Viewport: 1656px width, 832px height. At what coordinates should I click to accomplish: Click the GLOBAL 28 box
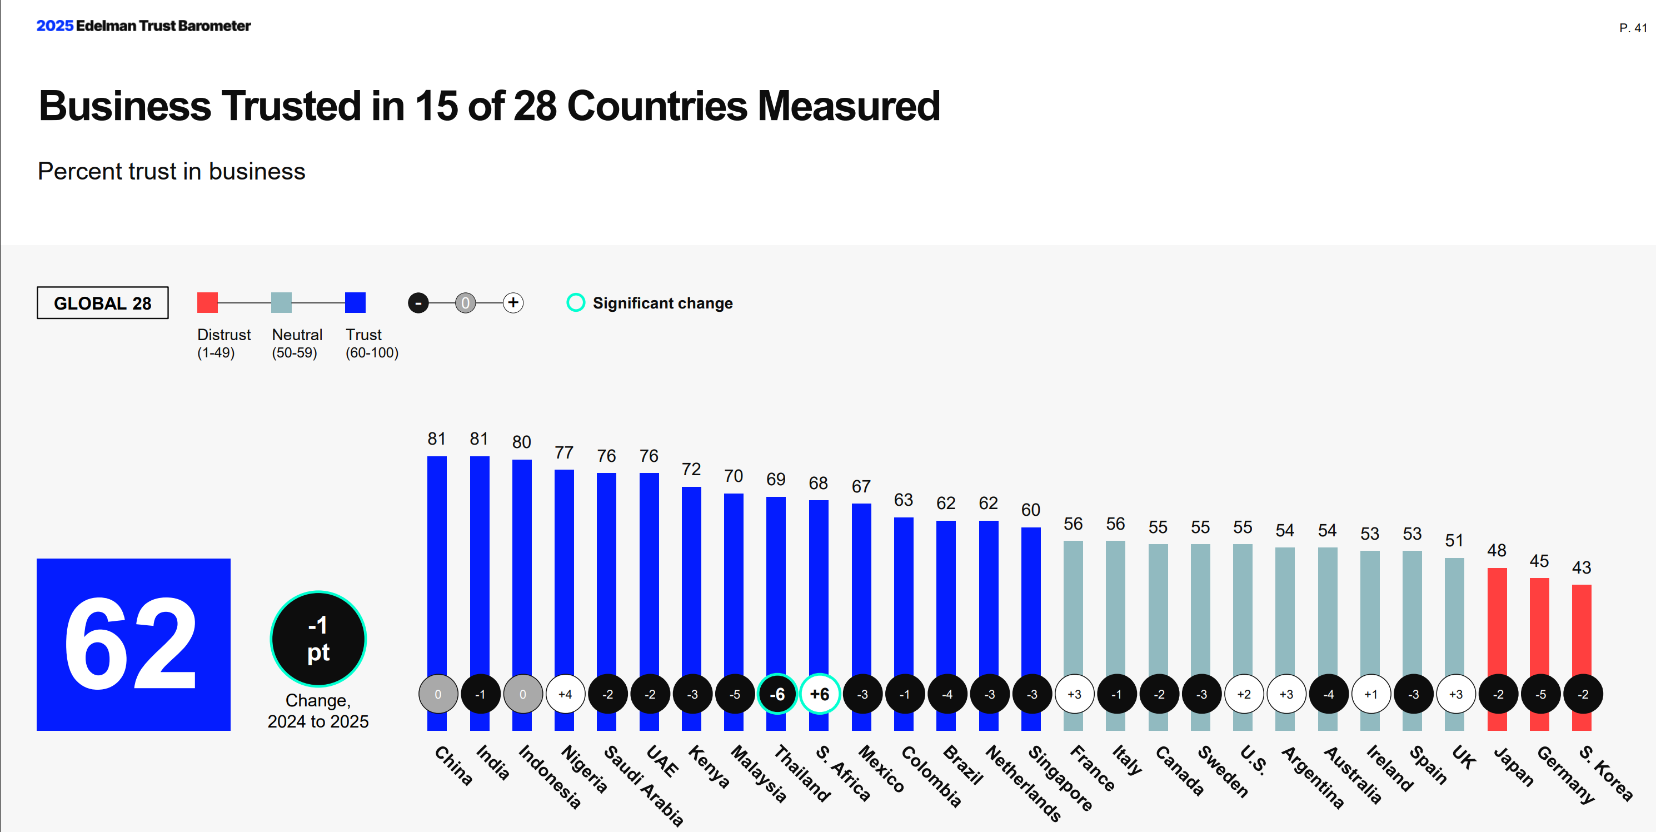pyautogui.click(x=102, y=303)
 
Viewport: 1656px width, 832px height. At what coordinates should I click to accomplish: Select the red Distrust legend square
pyautogui.click(x=207, y=302)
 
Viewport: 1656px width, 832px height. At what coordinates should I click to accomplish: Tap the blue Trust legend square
pyautogui.click(x=355, y=302)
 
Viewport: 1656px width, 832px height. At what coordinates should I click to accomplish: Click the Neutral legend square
pyautogui.click(x=281, y=302)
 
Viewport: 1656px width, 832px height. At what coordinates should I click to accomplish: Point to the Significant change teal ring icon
pyautogui.click(x=575, y=302)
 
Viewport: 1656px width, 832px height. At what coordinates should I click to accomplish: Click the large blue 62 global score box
pyautogui.click(x=133, y=644)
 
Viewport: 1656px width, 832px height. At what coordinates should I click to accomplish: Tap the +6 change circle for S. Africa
pyautogui.click(x=819, y=694)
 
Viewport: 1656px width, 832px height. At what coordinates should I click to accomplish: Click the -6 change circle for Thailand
pyautogui.click(x=776, y=694)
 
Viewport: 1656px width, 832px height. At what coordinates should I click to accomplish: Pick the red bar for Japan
pyautogui.click(x=1497, y=617)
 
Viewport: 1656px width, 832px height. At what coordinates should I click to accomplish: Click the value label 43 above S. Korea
pyautogui.click(x=1582, y=567)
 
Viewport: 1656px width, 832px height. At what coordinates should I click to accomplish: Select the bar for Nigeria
pyautogui.click(x=564, y=566)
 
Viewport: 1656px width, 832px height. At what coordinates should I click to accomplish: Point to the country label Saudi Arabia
pyautogui.click(x=644, y=784)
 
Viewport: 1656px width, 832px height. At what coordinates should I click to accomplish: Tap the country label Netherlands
pyautogui.click(x=1024, y=783)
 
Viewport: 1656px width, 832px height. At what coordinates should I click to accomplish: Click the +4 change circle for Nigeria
pyautogui.click(x=565, y=694)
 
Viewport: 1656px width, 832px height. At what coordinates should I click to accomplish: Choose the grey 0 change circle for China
pyautogui.click(x=438, y=694)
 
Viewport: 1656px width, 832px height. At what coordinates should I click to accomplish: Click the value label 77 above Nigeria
pyautogui.click(x=564, y=452)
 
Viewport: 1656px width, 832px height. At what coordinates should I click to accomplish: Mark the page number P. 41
pyautogui.click(x=1632, y=28)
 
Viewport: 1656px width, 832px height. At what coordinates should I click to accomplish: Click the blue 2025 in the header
pyautogui.click(x=54, y=26)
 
